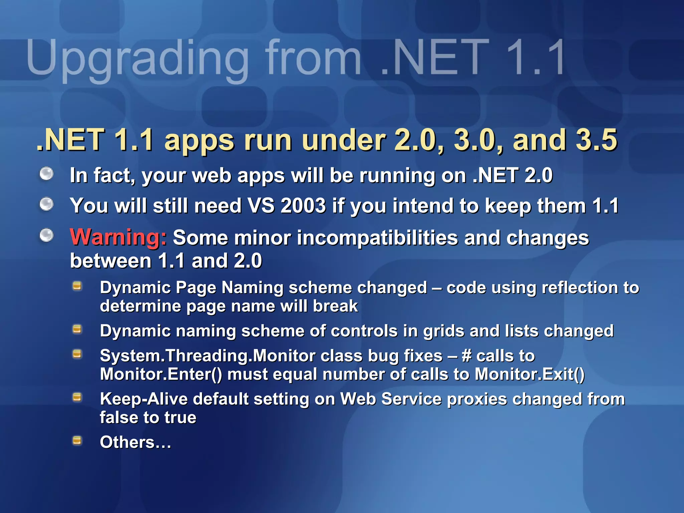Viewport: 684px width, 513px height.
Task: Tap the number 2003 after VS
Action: click(x=303, y=205)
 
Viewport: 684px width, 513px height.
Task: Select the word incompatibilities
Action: click(x=377, y=238)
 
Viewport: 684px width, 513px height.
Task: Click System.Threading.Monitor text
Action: click(x=207, y=356)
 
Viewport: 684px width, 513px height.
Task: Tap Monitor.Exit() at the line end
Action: click(x=530, y=374)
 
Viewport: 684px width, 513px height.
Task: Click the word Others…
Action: click(x=135, y=442)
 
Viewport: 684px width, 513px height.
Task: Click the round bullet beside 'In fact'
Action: click(x=46, y=174)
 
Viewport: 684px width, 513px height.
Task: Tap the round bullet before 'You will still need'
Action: click(x=46, y=204)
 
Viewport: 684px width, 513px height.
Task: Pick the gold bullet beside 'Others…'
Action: click(x=77, y=441)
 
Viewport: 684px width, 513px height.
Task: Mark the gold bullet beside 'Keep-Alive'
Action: click(x=77, y=397)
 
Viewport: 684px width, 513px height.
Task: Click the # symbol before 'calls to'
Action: click(x=466, y=356)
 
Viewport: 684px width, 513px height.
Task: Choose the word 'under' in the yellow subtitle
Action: click(x=343, y=140)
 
